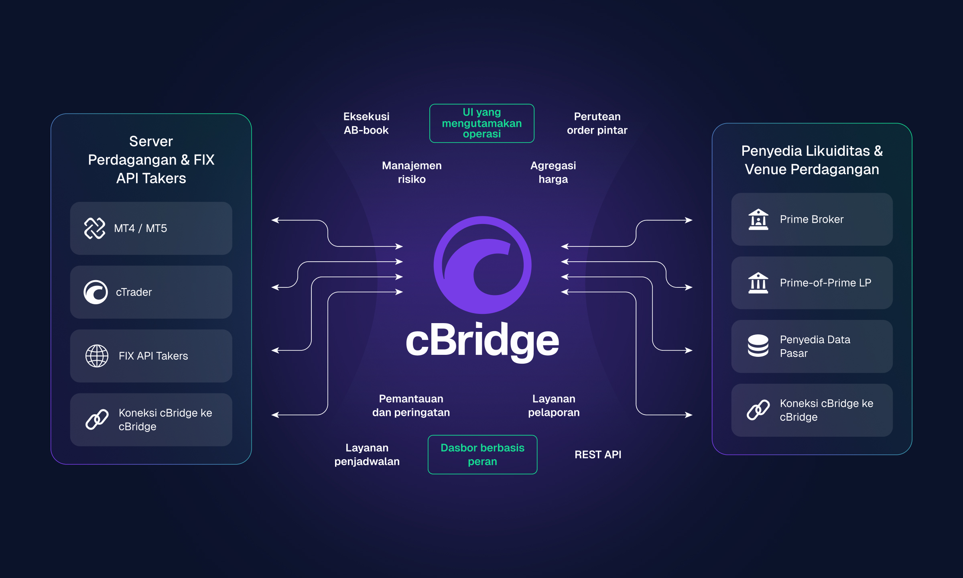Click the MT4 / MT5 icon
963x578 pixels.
[95, 228]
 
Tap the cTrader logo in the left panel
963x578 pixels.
[95, 292]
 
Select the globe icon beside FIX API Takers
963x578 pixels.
[97, 356]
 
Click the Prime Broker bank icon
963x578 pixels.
[758, 219]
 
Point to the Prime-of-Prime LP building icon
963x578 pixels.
[758, 283]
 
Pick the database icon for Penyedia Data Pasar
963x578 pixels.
[758, 346]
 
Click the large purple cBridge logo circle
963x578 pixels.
[482, 265]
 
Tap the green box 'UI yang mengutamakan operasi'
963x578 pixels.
[481, 123]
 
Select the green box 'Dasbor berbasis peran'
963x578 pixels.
[482, 454]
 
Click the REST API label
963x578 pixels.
[597, 454]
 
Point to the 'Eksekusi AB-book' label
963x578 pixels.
[366, 123]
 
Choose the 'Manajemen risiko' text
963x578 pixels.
[412, 172]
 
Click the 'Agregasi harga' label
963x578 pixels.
[553, 172]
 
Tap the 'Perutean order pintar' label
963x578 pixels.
[597, 123]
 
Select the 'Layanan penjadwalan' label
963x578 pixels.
[367, 454]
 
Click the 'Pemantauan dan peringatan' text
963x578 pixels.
[411, 405]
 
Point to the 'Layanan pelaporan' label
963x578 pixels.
[554, 405]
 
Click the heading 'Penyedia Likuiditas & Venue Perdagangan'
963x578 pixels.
[812, 160]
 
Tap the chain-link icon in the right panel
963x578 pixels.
[758, 410]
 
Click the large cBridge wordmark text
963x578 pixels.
[482, 341]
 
